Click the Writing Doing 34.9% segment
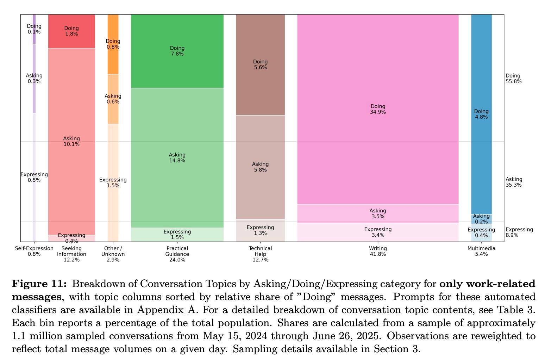(x=378, y=109)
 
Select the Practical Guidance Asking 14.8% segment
(x=177, y=157)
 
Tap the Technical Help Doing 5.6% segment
(x=260, y=64)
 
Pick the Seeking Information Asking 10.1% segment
(x=71, y=141)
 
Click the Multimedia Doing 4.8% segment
(x=481, y=114)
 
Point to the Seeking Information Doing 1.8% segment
(x=71, y=31)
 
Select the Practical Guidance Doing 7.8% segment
(x=177, y=51)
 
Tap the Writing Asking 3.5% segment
(x=378, y=213)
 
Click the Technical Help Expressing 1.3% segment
(x=260, y=230)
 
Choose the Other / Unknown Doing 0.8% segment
(x=113, y=44)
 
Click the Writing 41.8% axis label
(x=378, y=251)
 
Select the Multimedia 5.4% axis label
(x=481, y=251)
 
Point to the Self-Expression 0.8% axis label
(x=34, y=251)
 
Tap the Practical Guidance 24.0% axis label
(x=177, y=254)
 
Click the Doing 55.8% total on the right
(x=513, y=79)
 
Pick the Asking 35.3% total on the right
(x=513, y=182)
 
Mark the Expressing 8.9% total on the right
(x=519, y=232)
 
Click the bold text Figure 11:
(x=39, y=284)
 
